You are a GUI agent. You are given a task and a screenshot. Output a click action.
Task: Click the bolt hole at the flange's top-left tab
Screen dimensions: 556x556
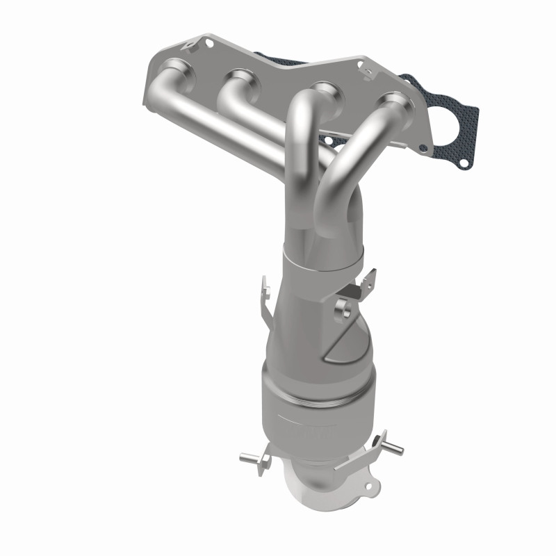pyautogui.click(x=208, y=42)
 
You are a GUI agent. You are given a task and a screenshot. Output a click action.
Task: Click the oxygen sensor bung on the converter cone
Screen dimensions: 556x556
pyautogui.click(x=342, y=306)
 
